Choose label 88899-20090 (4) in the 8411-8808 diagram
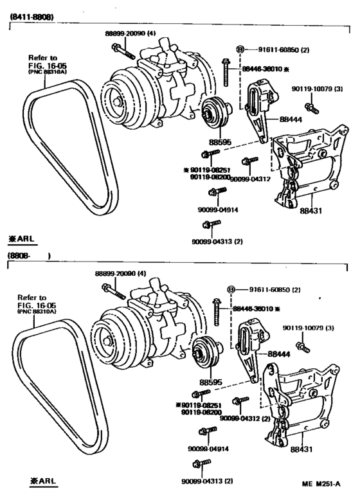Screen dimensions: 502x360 click(x=130, y=32)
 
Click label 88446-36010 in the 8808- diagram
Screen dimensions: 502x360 click(x=252, y=309)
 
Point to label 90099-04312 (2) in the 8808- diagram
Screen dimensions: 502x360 click(x=245, y=417)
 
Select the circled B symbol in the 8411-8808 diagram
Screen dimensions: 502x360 click(x=240, y=49)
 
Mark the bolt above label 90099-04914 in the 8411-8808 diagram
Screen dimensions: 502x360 click(x=215, y=191)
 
